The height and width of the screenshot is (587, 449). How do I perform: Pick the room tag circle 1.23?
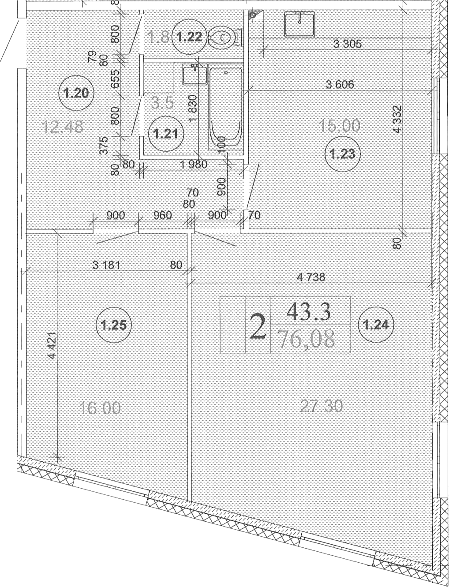[x=342, y=154]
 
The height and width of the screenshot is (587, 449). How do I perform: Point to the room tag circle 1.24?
[x=376, y=325]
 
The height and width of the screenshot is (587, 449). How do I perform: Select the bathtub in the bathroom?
[x=225, y=108]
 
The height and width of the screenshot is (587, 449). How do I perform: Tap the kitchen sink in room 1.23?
[x=300, y=24]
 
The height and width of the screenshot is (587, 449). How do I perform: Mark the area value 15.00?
[x=340, y=126]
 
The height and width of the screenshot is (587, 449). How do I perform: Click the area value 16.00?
[x=100, y=408]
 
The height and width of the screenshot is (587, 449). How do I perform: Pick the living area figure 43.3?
[x=308, y=312]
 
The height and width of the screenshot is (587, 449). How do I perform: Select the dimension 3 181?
[x=106, y=265]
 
